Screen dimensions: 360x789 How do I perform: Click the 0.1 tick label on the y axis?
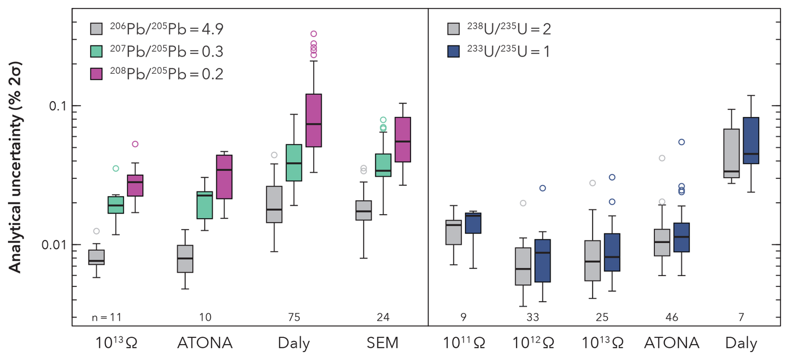58,106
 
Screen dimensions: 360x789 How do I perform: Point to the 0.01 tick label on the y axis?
53,244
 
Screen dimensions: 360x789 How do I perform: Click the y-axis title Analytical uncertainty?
15,167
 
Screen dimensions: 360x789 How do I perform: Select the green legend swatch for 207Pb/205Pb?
96,51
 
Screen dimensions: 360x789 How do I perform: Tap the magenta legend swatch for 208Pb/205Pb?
96,74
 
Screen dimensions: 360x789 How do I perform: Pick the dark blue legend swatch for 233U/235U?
453,51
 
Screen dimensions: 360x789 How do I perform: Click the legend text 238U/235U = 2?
509,29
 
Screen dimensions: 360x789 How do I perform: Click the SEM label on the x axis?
382,343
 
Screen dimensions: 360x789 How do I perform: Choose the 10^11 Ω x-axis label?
463,343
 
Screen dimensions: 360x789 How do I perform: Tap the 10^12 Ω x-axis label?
533,343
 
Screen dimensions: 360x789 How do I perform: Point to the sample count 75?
294,317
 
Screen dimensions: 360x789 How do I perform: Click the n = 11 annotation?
106,317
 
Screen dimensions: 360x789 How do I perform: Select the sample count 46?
671,317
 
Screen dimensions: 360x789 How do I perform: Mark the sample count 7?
741,317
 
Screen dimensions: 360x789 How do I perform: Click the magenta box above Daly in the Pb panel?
314,121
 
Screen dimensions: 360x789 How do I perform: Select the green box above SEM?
383,165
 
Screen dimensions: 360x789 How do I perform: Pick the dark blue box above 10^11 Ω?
473,223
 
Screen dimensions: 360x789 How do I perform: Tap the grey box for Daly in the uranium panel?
731,153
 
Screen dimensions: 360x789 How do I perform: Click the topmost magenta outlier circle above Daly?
314,34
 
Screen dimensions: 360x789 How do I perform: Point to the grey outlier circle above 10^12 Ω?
523,203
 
